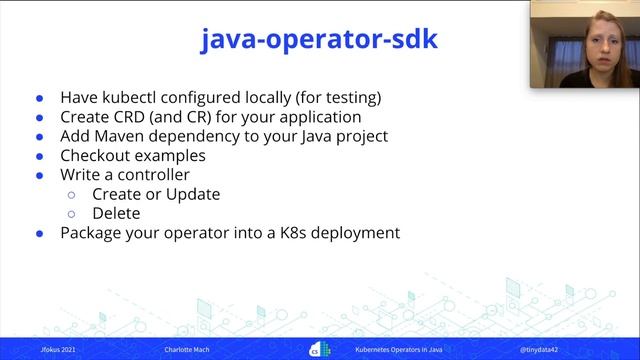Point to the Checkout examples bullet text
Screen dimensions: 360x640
132,155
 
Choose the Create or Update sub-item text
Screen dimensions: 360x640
155,193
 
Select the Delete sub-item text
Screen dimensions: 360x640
116,213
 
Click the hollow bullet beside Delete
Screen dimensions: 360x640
72,214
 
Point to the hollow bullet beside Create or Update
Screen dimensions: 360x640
72,194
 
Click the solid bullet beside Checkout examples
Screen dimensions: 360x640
40,157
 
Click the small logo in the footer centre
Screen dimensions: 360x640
319,349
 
